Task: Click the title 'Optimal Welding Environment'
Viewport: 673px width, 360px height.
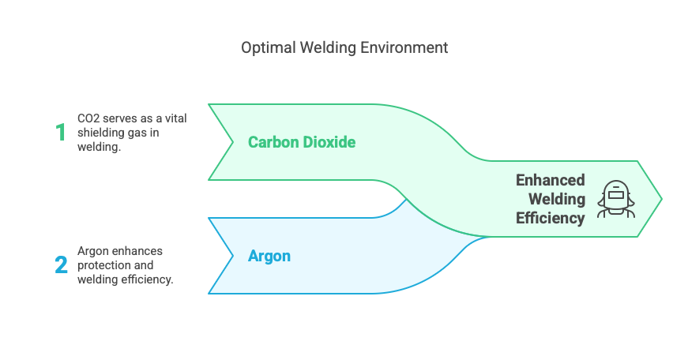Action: tap(344, 48)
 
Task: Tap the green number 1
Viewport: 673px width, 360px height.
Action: tap(61, 132)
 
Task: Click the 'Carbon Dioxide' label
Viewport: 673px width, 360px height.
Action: tap(302, 142)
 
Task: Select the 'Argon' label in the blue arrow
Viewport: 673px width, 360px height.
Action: tap(269, 256)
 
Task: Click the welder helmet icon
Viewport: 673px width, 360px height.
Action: tap(616, 198)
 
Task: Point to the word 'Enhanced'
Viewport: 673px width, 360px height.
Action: tap(551, 180)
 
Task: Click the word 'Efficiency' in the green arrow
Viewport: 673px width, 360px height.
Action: tap(551, 218)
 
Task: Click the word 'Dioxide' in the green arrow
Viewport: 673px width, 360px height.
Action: tap(331, 142)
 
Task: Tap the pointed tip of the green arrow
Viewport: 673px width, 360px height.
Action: tap(660, 198)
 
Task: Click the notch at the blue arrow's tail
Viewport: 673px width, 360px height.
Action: tap(232, 256)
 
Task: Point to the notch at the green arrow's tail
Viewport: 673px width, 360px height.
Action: tap(232, 142)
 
